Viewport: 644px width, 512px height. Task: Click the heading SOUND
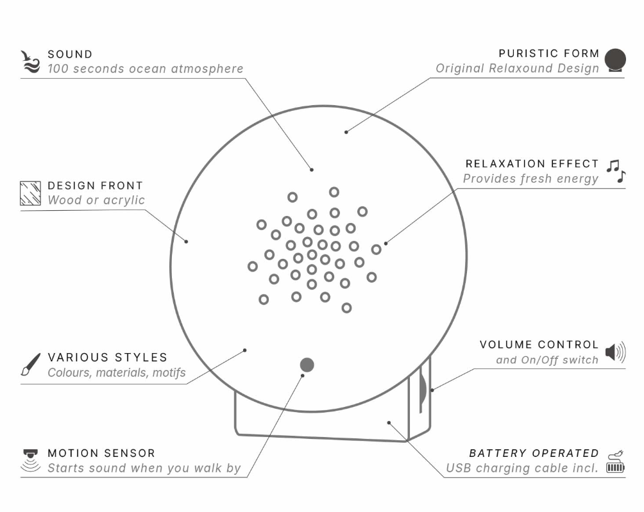(70, 54)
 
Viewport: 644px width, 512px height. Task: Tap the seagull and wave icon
(30, 62)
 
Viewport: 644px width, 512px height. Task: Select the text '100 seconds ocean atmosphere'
(146, 69)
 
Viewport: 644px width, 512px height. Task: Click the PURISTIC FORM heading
(548, 53)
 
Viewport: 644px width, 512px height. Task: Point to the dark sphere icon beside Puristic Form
(615, 60)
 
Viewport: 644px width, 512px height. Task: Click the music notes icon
(616, 171)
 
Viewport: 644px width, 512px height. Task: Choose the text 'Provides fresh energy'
(530, 178)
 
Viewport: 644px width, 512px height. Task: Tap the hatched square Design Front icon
(30, 193)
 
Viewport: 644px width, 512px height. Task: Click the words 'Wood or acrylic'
(96, 200)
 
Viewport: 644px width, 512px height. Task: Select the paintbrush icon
(31, 365)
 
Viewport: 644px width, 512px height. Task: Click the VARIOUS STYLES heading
(108, 358)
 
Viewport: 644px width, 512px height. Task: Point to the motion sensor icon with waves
(30, 460)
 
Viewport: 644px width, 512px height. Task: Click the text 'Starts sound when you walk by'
(144, 468)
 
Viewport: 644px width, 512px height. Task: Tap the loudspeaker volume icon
(615, 352)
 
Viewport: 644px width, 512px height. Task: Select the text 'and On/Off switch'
(547, 359)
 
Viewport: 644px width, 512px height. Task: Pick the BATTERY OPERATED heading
(534, 453)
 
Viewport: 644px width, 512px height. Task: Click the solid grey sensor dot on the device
(307, 365)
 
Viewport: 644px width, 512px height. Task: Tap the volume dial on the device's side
(422, 388)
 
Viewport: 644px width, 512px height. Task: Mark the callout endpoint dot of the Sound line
(312, 169)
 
